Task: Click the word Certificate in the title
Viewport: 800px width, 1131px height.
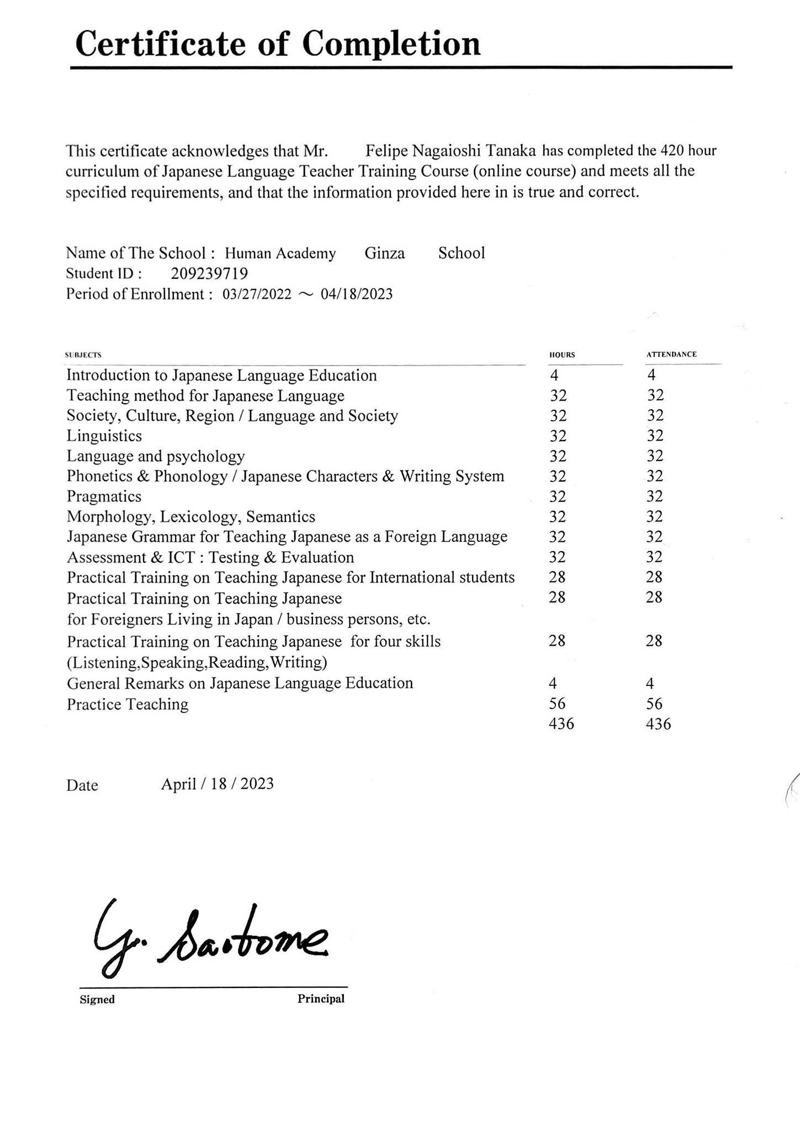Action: coord(160,44)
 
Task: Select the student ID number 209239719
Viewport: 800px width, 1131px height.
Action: coord(209,273)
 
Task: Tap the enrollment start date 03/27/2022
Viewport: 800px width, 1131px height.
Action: coord(257,294)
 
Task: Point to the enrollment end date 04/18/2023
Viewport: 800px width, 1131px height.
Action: coord(357,294)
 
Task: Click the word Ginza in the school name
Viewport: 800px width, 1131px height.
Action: coord(384,253)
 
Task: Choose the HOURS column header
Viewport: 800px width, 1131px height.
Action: coord(561,355)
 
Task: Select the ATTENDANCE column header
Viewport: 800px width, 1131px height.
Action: coord(671,354)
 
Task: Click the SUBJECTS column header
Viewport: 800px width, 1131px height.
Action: coord(83,355)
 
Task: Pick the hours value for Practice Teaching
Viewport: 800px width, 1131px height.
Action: coord(557,703)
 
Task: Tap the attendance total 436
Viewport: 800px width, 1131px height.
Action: coord(658,724)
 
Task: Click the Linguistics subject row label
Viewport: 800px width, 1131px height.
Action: coord(104,436)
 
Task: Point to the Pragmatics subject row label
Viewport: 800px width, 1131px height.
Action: coord(104,496)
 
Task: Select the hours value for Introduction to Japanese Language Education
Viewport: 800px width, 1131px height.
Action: coord(554,376)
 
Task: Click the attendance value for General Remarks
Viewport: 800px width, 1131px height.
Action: coord(650,683)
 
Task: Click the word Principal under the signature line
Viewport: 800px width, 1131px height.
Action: coord(321,998)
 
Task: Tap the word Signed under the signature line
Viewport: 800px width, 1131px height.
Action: coord(97,999)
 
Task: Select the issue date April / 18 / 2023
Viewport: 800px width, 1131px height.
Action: coord(217,784)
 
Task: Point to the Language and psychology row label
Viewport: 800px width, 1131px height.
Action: coord(156,456)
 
